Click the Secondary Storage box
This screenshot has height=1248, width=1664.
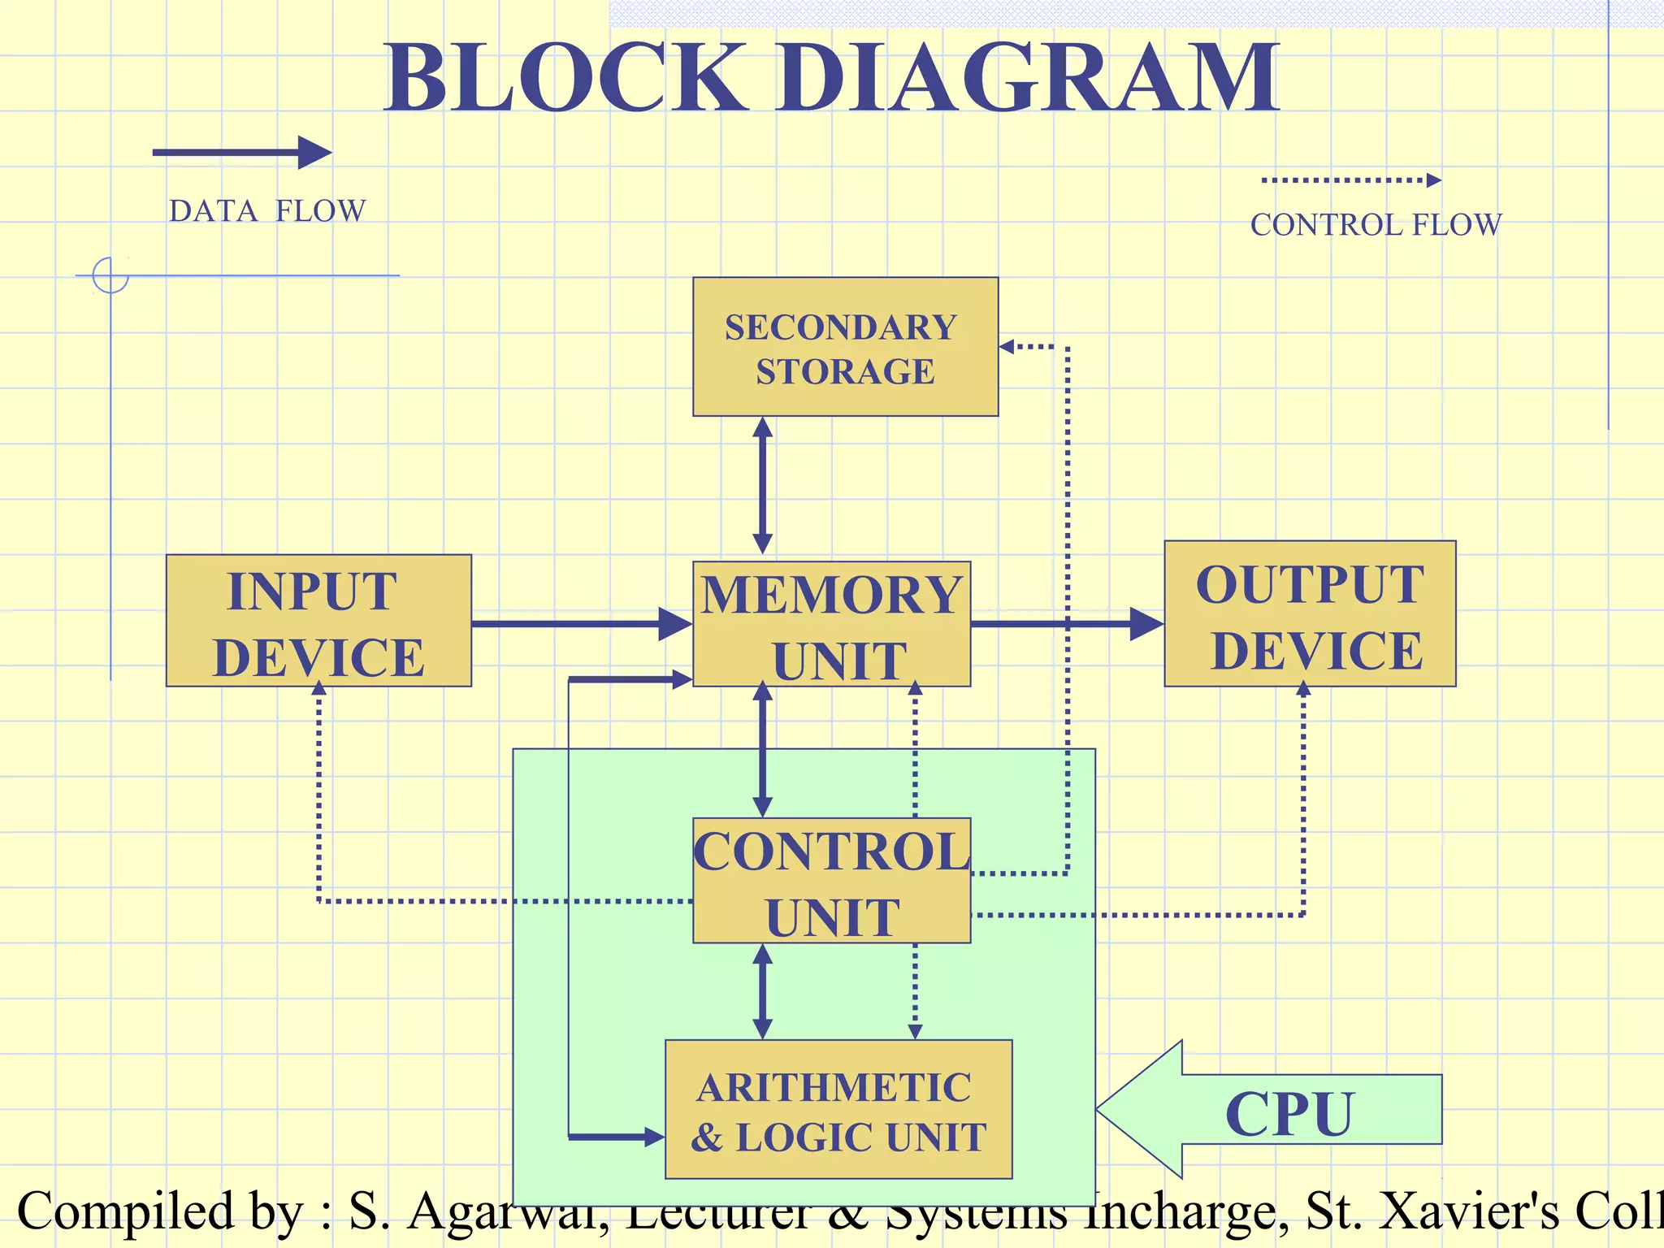(845, 347)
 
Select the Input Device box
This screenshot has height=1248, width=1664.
(318, 622)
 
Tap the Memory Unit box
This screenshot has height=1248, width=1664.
(831, 624)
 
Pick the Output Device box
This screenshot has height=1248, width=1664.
(1310, 614)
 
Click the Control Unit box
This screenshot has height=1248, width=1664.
(831, 881)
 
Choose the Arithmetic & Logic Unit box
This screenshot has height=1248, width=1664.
(838, 1110)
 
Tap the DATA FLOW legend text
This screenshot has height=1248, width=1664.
(267, 211)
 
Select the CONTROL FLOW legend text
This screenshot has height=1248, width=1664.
(1376, 225)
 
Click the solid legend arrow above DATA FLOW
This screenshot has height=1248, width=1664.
(242, 153)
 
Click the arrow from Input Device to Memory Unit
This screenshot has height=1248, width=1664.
(581, 624)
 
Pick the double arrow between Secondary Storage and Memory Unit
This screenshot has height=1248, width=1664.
(762, 486)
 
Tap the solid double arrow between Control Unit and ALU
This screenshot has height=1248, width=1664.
(762, 991)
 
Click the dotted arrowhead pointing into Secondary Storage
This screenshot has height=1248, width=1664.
(1007, 347)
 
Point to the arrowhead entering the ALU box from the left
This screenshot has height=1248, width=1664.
(654, 1137)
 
